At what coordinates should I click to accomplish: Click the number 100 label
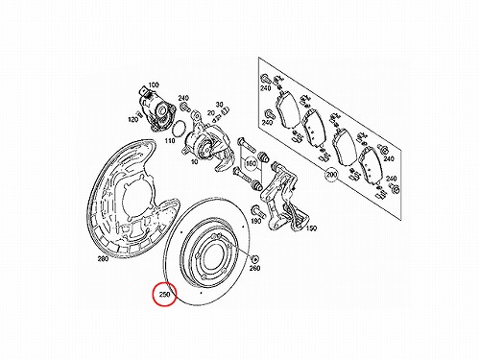click(154, 85)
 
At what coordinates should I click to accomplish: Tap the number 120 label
click(132, 120)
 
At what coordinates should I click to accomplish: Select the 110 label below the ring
click(170, 140)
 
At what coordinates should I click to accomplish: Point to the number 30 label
click(219, 105)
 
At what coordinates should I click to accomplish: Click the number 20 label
click(210, 113)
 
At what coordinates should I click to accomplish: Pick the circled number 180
click(251, 164)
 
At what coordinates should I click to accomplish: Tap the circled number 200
click(331, 175)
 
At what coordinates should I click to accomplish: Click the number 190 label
click(256, 221)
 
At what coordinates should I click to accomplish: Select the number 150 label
click(311, 228)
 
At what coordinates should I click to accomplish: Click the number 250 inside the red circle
click(164, 295)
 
